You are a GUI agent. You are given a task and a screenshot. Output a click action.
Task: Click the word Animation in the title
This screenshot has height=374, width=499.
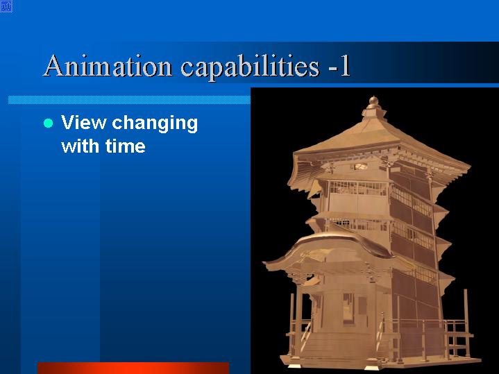coord(108,65)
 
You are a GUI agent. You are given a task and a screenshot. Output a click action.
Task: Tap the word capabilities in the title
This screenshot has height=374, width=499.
coord(250,67)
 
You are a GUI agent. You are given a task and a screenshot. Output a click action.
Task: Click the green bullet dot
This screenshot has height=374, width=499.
coord(48,123)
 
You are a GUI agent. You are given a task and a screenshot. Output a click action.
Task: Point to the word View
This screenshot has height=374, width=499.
coord(84,122)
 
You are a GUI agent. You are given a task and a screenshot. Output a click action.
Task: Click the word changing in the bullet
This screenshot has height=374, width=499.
coord(155,124)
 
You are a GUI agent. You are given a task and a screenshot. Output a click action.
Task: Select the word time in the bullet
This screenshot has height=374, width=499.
coord(126,146)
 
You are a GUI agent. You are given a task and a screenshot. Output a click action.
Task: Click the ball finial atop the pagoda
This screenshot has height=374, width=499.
coord(373,101)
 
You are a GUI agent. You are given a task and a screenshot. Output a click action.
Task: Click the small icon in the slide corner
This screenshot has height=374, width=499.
coord(6,6)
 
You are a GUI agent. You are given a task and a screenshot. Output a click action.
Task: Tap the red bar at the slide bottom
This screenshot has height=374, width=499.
coord(133,368)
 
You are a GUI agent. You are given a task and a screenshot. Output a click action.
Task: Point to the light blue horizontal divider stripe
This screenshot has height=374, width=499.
coord(129,100)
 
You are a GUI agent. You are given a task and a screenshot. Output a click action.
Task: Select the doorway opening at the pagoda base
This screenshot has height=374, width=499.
coord(348,307)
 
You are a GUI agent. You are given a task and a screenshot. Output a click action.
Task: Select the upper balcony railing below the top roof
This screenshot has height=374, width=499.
coord(357,189)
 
